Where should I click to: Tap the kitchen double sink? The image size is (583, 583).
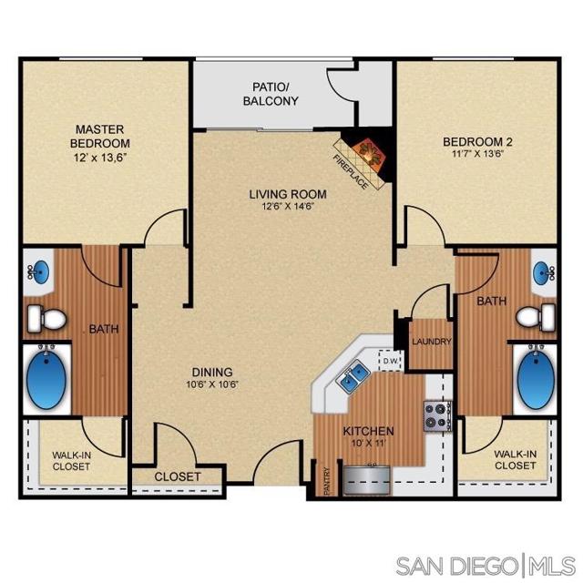(353, 374)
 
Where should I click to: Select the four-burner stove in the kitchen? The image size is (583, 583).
(437, 416)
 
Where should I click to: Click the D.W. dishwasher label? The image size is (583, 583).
(390, 361)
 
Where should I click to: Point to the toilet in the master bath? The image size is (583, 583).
(46, 318)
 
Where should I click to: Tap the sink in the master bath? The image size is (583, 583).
(38, 271)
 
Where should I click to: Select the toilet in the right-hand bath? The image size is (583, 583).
(536, 317)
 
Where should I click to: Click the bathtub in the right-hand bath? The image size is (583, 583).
(536, 379)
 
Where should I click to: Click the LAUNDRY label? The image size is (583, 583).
(432, 342)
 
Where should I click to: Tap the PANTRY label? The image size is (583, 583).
(327, 481)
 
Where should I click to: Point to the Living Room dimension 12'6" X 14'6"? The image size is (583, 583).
(289, 207)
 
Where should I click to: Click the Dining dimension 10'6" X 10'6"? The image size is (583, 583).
(212, 384)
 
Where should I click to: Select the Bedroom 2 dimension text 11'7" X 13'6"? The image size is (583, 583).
(478, 154)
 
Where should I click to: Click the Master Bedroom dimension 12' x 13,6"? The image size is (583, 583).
(100, 158)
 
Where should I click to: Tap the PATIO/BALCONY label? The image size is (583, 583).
(271, 94)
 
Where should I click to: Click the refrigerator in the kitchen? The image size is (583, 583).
(368, 480)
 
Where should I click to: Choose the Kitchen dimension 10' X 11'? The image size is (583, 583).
(368, 443)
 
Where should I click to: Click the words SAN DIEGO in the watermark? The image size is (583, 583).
(457, 567)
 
